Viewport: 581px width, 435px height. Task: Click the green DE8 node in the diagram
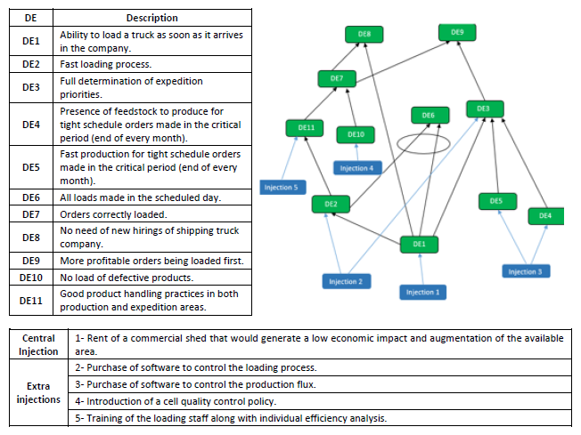(364, 34)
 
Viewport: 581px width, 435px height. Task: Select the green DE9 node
(457, 32)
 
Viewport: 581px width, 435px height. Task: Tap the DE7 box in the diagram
(336, 79)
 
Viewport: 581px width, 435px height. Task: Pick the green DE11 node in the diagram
(306, 128)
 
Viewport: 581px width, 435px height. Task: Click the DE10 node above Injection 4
(356, 134)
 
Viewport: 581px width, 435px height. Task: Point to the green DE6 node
(428, 116)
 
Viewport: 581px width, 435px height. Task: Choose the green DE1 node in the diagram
(419, 243)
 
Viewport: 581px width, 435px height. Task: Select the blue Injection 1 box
(422, 292)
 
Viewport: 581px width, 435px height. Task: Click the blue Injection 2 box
(345, 282)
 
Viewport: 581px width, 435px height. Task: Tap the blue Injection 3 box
(524, 271)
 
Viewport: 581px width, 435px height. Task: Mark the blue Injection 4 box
(357, 167)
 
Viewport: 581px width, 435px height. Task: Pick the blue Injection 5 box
(282, 187)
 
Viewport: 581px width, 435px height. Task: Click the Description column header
(151, 18)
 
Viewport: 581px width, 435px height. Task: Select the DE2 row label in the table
(30, 65)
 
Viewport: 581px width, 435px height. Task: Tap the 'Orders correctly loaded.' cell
(151, 215)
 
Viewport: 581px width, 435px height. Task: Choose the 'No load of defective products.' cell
(151, 278)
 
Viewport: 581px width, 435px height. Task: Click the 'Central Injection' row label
(38, 344)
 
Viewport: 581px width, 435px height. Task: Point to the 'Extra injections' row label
(38, 392)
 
